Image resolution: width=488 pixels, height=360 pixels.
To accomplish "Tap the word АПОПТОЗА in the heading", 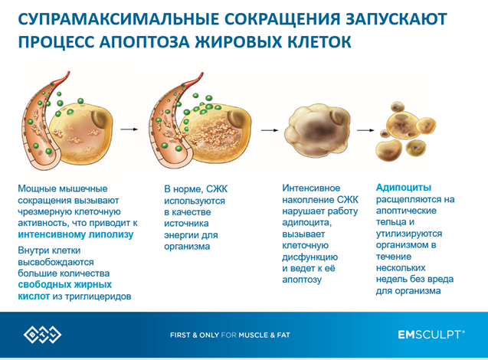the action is coord(144,42).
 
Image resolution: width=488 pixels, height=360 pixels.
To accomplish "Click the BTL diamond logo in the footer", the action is coord(42,335).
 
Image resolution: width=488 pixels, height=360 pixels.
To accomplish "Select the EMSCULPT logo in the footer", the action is coord(431,335).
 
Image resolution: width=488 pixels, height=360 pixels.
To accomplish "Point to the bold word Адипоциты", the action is coord(403,188).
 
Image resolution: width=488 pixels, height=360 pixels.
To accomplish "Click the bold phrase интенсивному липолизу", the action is coord(76,234).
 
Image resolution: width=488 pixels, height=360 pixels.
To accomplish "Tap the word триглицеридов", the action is coord(98,296).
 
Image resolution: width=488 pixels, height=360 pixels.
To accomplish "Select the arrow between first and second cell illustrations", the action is coord(129,129).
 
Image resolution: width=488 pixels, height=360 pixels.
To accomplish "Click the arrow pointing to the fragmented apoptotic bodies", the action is coord(365,130).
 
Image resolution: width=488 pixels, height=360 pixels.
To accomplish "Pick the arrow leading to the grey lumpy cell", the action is coord(269,130).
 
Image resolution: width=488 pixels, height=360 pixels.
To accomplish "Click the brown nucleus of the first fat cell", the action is coord(100,118).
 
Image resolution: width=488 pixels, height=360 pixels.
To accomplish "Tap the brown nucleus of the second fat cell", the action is coord(237,118).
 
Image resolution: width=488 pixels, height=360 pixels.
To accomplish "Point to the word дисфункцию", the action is coord(310,257).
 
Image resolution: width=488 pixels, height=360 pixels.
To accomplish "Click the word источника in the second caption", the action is coord(186,224).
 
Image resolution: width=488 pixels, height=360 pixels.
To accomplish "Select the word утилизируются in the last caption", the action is coord(409,234).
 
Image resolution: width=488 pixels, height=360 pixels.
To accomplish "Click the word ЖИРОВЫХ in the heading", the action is coord(238,42).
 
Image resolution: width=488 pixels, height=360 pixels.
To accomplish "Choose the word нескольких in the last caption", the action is coord(401,267).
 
